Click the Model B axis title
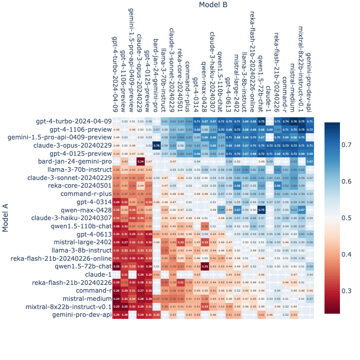pos(213,5)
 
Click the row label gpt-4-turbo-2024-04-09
pos(74,121)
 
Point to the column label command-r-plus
pos(188,85)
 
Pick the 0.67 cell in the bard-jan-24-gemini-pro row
pos(310,161)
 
